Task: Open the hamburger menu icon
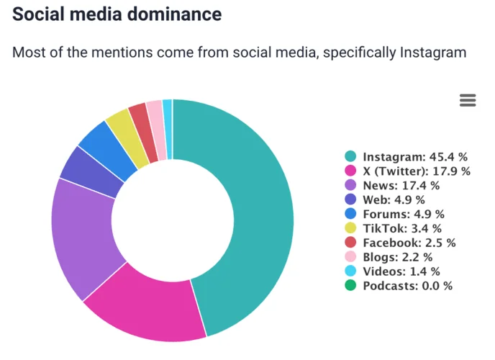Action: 468,101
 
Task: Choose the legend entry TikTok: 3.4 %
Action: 400,228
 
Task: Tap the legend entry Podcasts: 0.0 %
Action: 407,286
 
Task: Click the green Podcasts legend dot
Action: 350,286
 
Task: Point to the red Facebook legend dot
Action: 350,243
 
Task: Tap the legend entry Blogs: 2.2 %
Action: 397,257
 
